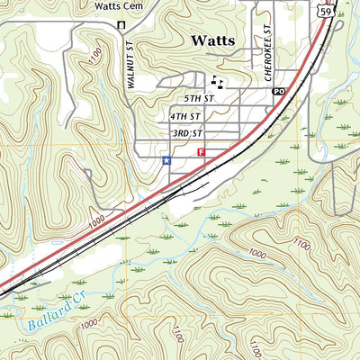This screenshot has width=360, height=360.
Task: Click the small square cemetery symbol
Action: (x=121, y=24)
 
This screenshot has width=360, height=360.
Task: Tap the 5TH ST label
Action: (x=199, y=97)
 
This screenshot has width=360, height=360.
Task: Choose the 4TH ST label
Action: (x=184, y=116)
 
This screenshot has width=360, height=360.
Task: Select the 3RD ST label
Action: (x=184, y=133)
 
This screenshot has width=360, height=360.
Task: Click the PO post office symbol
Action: (x=278, y=92)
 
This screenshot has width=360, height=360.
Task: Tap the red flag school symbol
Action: (x=200, y=154)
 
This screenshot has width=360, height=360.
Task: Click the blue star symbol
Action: (x=166, y=161)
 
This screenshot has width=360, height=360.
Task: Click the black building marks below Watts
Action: (x=217, y=80)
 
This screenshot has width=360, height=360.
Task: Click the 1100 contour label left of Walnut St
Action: (x=94, y=57)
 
